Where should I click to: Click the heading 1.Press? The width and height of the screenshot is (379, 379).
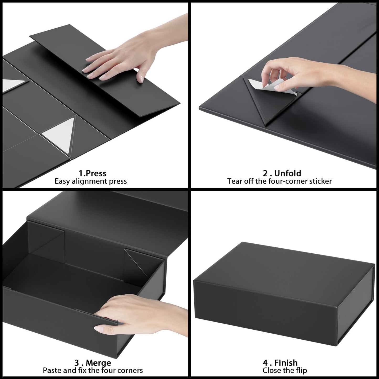point(92,173)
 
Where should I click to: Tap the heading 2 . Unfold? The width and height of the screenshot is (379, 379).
point(282,173)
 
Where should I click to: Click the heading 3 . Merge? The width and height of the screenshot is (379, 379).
point(93,363)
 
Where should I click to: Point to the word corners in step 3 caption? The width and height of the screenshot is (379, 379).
point(130,370)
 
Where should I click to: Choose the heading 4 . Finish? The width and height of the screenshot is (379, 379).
point(280,363)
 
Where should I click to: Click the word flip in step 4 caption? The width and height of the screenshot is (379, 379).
point(301,370)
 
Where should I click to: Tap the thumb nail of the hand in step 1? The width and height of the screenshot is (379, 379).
point(141,79)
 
